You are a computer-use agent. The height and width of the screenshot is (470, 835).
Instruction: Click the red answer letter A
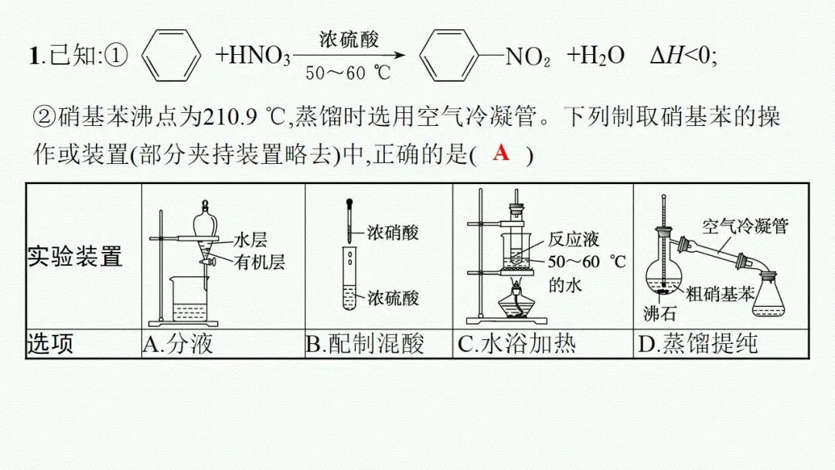502,152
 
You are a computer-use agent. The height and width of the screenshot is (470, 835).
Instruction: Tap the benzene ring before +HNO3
168,55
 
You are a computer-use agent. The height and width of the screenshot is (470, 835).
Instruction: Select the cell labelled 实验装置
75,256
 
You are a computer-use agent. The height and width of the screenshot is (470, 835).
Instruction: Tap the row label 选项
50,343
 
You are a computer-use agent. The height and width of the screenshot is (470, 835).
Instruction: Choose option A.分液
178,343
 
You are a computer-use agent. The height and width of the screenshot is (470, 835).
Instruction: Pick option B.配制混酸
364,343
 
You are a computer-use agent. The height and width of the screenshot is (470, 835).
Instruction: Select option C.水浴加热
516,343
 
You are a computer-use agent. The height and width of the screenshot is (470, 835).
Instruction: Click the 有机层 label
260,262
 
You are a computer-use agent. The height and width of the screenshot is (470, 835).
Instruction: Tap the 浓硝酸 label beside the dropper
392,232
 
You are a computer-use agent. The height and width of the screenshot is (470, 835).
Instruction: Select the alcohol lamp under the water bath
514,302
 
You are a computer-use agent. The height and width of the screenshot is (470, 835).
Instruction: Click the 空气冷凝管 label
745,226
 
